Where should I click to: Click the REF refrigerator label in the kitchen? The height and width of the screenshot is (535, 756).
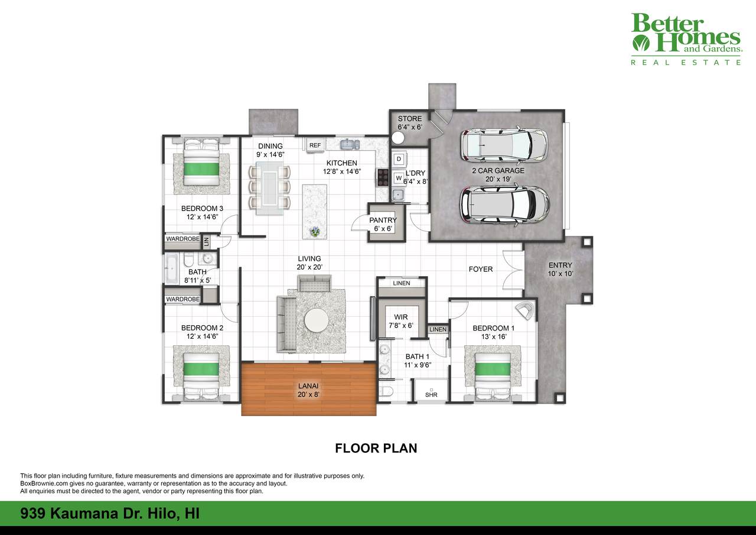(x=315, y=145)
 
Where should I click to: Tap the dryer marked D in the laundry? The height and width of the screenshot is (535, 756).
(x=399, y=159)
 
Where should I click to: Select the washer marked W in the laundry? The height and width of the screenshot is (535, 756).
(x=399, y=178)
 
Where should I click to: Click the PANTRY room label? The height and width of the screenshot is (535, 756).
(x=383, y=221)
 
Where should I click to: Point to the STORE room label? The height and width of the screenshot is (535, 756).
(x=410, y=119)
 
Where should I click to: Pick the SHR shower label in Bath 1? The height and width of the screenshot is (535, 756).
(x=431, y=394)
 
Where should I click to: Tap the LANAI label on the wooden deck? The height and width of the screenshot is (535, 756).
(x=308, y=385)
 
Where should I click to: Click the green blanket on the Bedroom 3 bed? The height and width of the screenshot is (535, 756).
(x=201, y=169)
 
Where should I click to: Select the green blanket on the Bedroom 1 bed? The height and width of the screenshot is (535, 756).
(x=493, y=369)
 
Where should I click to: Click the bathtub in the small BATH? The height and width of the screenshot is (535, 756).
(x=172, y=269)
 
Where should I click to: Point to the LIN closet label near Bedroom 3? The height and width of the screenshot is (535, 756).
(x=207, y=241)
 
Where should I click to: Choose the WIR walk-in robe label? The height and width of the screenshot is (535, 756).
(x=401, y=317)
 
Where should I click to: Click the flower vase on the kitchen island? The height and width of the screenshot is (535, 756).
(x=315, y=232)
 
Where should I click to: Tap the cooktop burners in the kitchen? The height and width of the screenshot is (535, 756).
(x=383, y=177)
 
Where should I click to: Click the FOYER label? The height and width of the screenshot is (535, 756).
(x=481, y=269)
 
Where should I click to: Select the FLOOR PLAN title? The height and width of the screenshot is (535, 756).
(x=376, y=448)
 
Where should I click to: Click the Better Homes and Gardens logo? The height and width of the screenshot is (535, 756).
(x=686, y=39)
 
